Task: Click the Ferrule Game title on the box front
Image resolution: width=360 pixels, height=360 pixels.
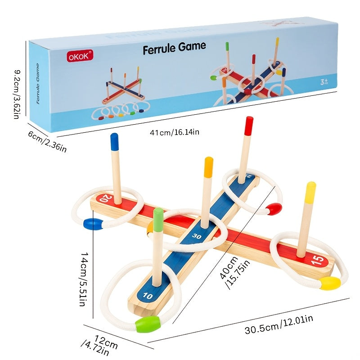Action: tap(174, 47)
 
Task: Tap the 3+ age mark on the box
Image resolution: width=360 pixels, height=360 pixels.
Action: tap(323, 82)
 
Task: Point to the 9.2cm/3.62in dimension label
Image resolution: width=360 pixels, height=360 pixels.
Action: tap(17, 94)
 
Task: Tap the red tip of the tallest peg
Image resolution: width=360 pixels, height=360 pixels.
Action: tap(248, 126)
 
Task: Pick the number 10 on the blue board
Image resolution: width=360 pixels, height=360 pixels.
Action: tap(148, 296)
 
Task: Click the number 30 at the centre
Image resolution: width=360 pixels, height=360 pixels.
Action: tap(197, 235)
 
